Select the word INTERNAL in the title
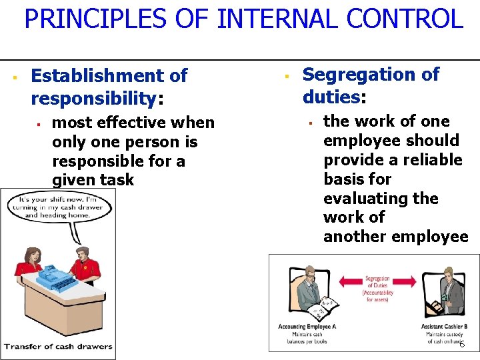(263, 19)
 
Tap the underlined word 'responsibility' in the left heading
(93, 99)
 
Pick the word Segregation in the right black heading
(361, 75)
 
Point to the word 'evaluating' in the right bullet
(381, 199)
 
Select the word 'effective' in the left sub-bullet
(134, 123)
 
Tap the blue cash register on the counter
(57, 274)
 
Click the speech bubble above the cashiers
(56, 207)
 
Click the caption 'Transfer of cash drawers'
(57, 346)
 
